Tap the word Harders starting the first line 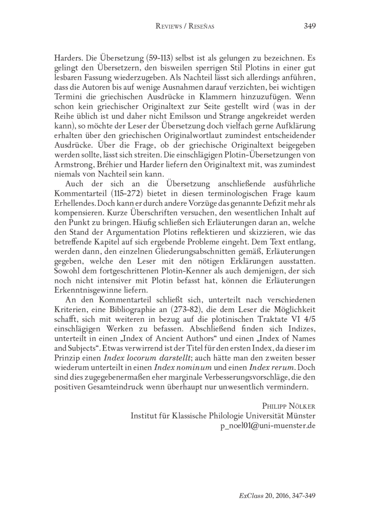coord(69,60)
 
